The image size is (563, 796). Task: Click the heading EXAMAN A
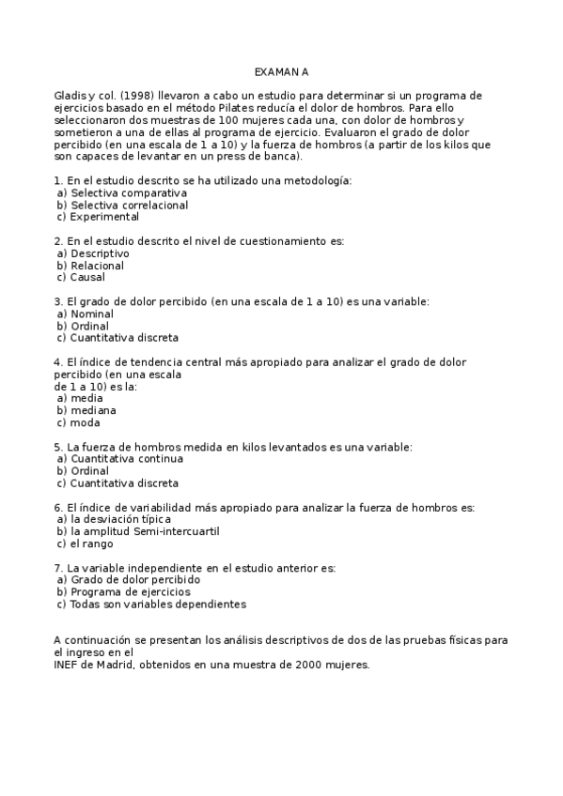coord(282,71)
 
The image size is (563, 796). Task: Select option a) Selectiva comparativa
coord(122,192)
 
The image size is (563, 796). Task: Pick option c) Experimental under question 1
coord(98,217)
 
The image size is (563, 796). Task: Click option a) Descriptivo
coord(93,253)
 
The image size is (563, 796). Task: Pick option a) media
coord(81,398)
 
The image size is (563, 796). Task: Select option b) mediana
coord(86,410)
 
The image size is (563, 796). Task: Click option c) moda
coord(80,422)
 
